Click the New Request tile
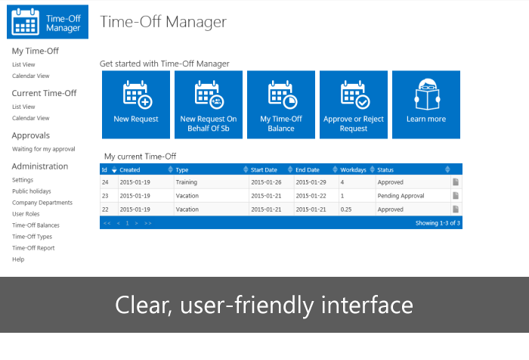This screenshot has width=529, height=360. [x=136, y=104]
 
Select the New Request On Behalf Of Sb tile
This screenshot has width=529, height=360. [x=209, y=104]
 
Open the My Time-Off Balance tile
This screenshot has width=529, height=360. [x=281, y=104]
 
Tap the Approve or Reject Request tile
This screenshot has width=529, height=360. [x=354, y=104]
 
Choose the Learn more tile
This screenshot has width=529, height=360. [x=426, y=104]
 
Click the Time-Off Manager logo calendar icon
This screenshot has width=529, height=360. [x=25, y=22]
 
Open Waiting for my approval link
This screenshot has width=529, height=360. [x=44, y=149]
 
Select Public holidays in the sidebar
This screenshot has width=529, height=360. [x=32, y=191]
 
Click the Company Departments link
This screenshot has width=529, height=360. [x=42, y=203]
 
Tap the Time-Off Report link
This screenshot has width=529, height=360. [x=33, y=248]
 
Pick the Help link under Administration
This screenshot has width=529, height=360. [x=18, y=259]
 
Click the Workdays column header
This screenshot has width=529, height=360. [x=353, y=170]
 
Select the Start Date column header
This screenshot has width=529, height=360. [x=264, y=170]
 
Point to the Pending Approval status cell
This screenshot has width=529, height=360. [x=401, y=196]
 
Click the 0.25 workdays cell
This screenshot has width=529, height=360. [x=346, y=209]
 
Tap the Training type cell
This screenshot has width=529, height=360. [x=186, y=182]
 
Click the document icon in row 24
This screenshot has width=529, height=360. [x=456, y=182]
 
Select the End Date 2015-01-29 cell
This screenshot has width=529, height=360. [x=311, y=182]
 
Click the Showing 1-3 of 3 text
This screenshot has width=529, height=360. [x=438, y=223]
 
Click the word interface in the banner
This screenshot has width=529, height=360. [x=367, y=305]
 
